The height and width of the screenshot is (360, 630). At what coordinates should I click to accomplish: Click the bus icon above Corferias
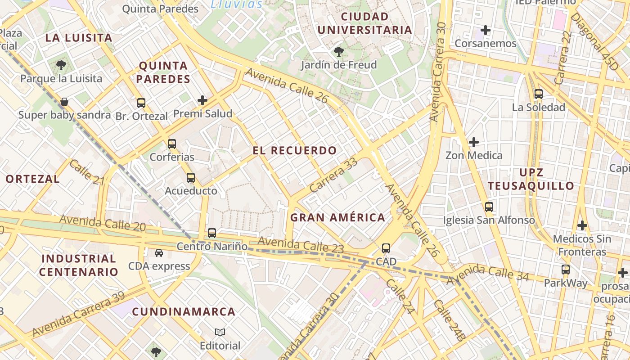coord(171,144)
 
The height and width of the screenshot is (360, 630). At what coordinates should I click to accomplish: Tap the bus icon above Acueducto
coord(191,178)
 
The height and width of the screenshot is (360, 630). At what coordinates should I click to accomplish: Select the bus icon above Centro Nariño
coord(212,233)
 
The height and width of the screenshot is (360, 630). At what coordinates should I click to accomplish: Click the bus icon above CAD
coord(386,248)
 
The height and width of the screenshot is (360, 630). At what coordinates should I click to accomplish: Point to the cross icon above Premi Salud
coord(202,100)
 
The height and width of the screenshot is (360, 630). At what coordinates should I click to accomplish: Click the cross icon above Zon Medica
coord(473,142)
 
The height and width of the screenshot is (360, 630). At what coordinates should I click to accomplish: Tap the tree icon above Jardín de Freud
coord(339,52)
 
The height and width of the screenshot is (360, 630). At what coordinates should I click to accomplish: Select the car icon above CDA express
coord(159,253)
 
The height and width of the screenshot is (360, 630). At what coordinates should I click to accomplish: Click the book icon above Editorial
coord(220,333)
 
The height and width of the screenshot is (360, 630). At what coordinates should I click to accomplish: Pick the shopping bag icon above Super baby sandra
coord(64,102)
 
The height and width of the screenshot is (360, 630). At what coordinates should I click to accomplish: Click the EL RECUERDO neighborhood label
coord(294,151)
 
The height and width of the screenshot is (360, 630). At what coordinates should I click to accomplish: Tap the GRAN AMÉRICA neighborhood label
coord(337,218)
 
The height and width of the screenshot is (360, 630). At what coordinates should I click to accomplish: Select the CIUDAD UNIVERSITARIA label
coord(364,23)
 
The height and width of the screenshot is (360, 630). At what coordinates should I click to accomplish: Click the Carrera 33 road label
coord(333,175)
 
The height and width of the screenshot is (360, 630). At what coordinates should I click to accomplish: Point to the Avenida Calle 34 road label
coord(490,273)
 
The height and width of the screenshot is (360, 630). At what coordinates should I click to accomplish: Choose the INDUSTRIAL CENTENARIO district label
coord(78,265)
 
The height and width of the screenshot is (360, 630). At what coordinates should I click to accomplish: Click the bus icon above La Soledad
coord(538,94)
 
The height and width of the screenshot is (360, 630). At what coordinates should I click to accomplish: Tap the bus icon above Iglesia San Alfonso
coord(489,207)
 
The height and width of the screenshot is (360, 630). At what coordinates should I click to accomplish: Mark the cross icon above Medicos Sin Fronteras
coord(582,225)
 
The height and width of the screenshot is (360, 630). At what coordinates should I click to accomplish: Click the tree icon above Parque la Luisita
coord(61,65)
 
